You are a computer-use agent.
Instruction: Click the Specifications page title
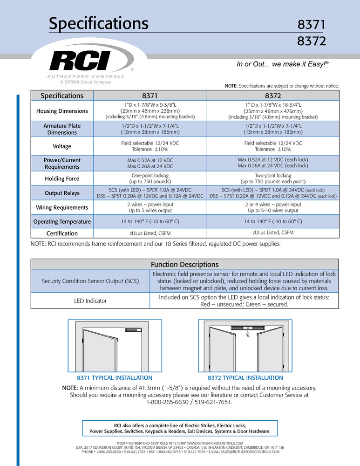pos(99,23)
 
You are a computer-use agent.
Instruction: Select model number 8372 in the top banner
pos(311,41)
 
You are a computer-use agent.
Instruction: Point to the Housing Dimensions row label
pos(62,111)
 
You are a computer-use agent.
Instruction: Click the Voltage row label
pos(62,146)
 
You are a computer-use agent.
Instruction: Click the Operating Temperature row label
pos(62,222)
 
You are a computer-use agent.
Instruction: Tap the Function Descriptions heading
pos(184,264)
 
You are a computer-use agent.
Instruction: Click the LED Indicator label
pos(90,301)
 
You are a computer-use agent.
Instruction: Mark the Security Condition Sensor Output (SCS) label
pos(90,281)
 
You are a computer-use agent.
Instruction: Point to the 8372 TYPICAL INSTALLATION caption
pos(245,378)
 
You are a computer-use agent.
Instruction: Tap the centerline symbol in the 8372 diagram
pos(248,334)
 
